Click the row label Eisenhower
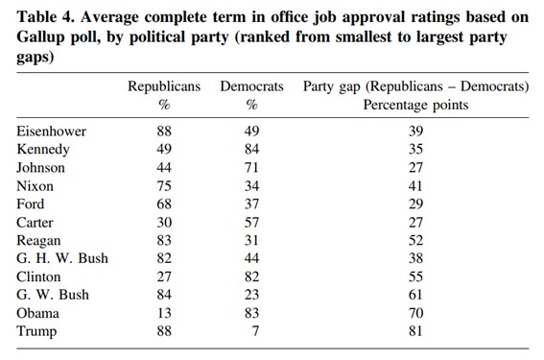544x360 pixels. (52, 131)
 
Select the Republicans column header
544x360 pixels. (164, 86)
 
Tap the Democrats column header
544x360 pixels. (251, 86)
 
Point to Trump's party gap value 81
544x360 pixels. (415, 331)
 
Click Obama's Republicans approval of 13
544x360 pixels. (164, 313)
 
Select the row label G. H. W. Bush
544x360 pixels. (62, 258)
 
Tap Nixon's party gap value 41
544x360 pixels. (415, 185)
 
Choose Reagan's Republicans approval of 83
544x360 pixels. (164, 240)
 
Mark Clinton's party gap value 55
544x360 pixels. (415, 276)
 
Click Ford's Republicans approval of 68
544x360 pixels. (164, 204)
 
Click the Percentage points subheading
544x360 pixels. (415, 105)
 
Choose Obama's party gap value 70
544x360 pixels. (415, 313)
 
